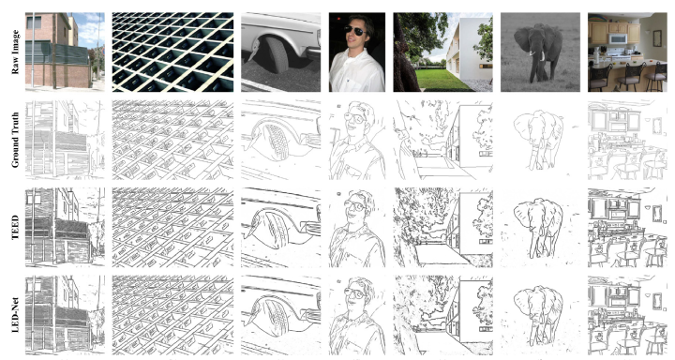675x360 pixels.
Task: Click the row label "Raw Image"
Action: [x=16, y=52]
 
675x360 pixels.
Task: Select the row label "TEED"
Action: [x=16, y=228]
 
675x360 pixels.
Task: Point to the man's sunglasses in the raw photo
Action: [x=355, y=30]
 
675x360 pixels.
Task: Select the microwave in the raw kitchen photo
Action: [x=617, y=38]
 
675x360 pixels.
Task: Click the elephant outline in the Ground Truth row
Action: [x=538, y=138]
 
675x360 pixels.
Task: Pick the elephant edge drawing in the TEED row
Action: [x=538, y=227]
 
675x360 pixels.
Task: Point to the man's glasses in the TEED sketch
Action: [x=355, y=206]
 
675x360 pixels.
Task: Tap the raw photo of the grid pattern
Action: [x=172, y=52]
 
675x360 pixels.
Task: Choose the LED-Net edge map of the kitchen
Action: [x=627, y=315]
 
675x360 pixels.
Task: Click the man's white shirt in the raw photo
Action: [x=356, y=71]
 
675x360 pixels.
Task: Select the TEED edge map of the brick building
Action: [x=65, y=227]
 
